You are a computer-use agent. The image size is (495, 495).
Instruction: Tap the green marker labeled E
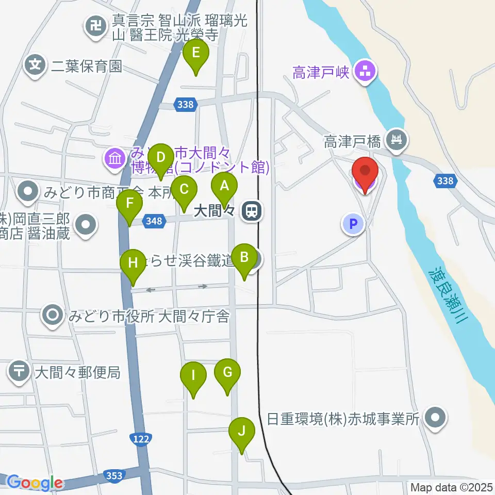click(196, 53)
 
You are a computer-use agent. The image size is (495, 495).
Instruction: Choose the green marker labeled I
click(193, 376)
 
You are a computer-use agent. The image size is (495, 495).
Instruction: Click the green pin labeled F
click(129, 204)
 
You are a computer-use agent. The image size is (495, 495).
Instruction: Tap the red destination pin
click(365, 172)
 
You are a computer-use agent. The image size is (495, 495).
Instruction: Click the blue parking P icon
click(354, 224)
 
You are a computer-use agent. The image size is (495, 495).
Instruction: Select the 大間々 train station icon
click(252, 210)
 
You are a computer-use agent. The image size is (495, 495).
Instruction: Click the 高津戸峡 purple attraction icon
click(366, 73)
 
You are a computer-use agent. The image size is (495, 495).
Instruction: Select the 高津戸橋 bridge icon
click(397, 139)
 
